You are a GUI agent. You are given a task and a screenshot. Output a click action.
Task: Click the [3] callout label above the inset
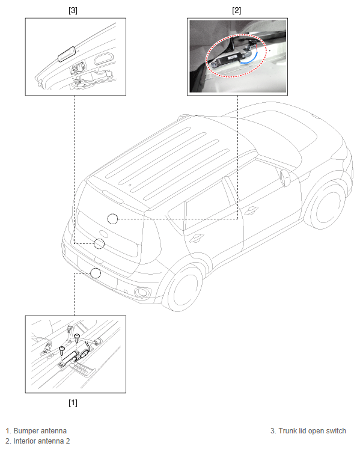73,11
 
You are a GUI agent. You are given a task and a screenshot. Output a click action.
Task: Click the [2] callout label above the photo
237,11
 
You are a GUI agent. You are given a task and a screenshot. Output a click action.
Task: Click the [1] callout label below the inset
73,403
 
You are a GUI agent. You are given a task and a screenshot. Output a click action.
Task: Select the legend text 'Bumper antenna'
40,431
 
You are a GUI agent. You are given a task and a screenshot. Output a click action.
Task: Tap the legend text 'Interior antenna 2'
41,441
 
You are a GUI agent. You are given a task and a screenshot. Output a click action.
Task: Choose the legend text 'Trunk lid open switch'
312,431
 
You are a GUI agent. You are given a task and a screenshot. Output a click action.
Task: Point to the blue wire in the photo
251,60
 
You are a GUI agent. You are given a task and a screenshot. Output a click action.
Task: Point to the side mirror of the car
286,178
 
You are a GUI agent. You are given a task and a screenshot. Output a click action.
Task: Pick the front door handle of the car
251,210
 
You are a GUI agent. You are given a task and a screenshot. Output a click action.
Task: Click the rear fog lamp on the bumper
142,292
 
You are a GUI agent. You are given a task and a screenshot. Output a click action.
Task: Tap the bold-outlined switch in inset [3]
67,54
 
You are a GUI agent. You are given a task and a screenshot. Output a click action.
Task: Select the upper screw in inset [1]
77,338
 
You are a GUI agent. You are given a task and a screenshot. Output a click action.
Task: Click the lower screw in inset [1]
62,350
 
